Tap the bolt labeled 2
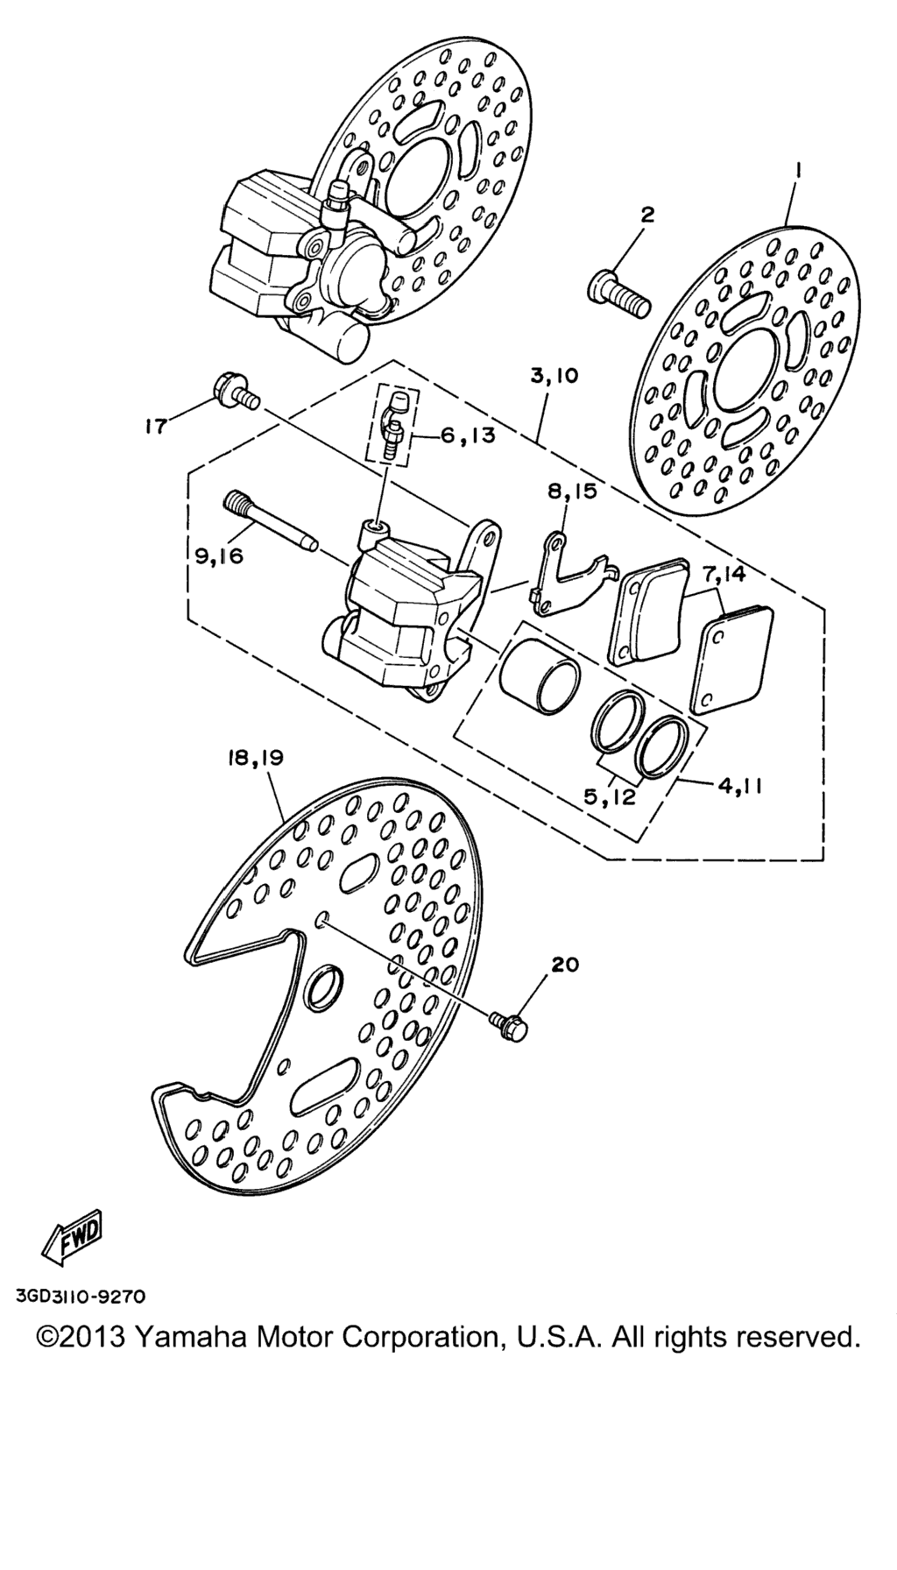(x=618, y=293)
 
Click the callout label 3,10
(x=554, y=377)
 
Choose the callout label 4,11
(x=741, y=786)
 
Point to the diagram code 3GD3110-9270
(x=80, y=1296)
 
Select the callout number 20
(x=565, y=964)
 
